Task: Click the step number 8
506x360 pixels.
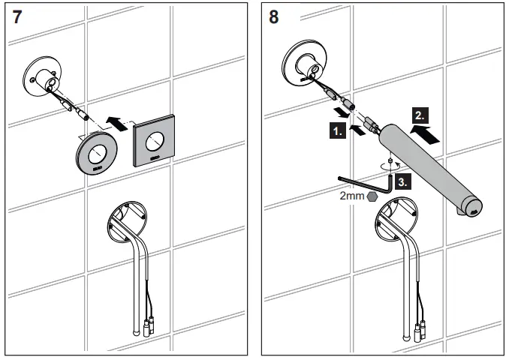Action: tap(273, 19)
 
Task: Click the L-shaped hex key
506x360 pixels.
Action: tap(368, 183)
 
